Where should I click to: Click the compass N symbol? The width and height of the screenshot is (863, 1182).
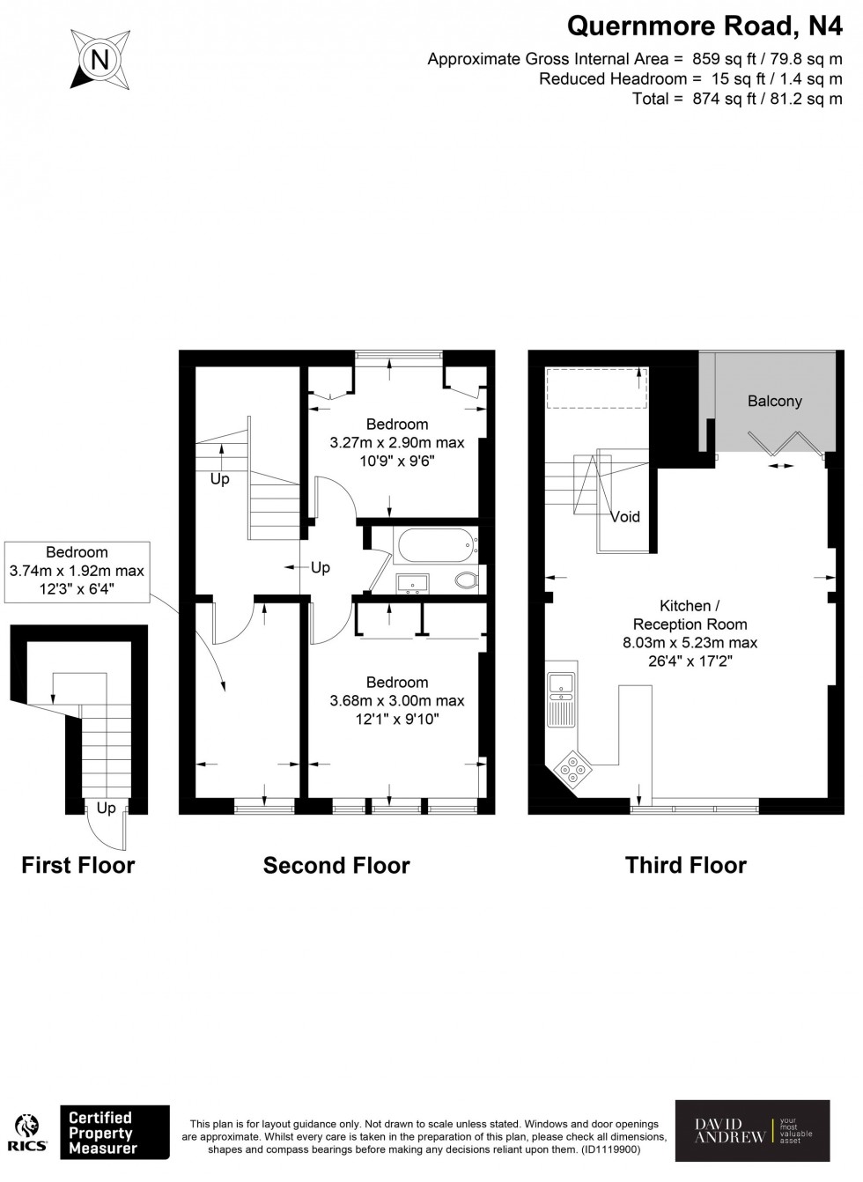point(100,60)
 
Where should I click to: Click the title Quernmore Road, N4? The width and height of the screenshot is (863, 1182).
point(704,26)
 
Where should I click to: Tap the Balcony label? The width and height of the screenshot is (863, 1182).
point(774,401)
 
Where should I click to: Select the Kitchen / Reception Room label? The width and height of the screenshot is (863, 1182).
point(690,615)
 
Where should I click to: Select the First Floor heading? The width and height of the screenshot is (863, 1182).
point(77,865)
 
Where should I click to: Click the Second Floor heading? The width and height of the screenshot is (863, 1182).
point(336,865)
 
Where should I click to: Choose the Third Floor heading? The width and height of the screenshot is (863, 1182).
point(685,865)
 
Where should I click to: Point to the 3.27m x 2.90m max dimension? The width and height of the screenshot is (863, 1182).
point(396,442)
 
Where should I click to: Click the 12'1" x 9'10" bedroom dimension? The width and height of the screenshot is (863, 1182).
point(396,720)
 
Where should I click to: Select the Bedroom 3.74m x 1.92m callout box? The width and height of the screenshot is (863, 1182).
point(77,571)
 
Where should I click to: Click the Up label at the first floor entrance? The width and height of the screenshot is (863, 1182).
point(106,808)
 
